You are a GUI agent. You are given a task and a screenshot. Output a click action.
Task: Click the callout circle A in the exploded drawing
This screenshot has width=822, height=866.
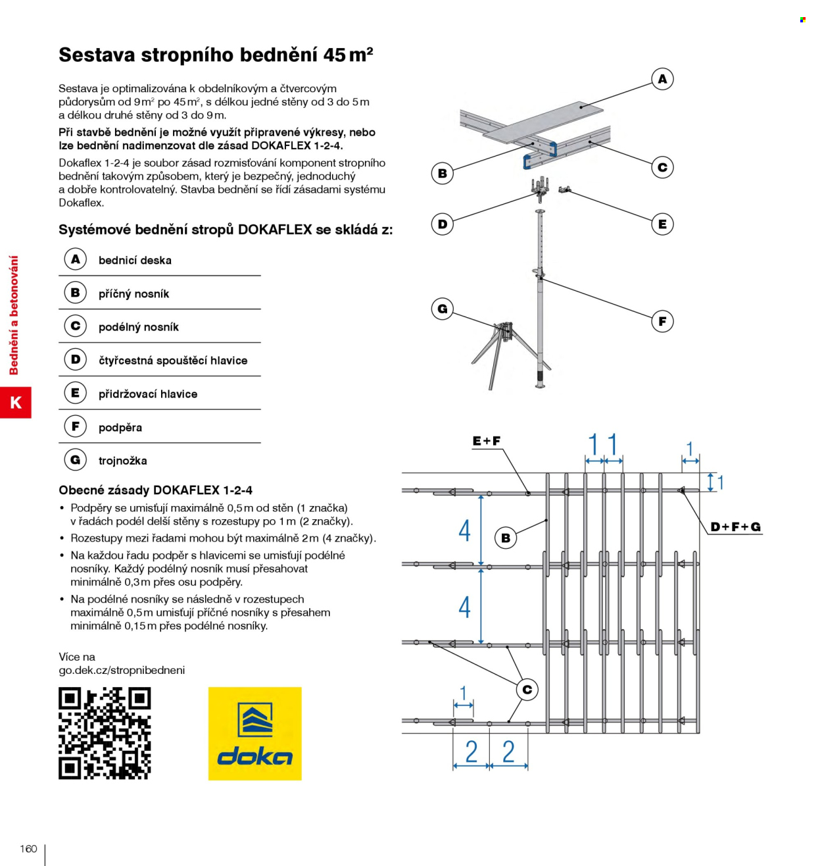click(662, 79)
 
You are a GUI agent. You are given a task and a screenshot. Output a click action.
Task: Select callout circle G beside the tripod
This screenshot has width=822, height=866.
click(442, 309)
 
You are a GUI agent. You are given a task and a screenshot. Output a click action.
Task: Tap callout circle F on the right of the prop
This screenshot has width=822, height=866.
click(662, 321)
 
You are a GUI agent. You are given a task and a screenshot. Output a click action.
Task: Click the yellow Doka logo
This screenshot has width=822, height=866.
click(255, 734)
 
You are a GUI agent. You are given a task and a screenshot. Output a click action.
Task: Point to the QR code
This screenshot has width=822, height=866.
click(105, 733)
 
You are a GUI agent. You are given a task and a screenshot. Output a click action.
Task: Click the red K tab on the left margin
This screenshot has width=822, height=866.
click(15, 402)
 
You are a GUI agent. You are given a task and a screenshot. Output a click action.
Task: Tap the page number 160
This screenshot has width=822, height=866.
click(28, 848)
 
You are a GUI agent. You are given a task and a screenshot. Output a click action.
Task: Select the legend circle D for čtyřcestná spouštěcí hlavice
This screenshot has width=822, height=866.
click(75, 359)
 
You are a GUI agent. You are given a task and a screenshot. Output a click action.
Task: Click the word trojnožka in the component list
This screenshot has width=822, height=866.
click(123, 461)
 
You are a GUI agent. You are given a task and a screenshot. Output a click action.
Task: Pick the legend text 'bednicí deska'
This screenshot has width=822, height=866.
click(135, 261)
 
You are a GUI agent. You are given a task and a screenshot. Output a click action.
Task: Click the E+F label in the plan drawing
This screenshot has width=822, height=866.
click(486, 441)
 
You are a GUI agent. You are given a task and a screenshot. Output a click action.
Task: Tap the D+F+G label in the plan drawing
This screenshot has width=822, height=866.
click(735, 527)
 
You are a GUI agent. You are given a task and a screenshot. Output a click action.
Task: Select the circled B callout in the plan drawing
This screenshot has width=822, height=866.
click(506, 538)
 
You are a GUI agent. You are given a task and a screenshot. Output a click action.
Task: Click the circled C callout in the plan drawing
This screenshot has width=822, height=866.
click(527, 690)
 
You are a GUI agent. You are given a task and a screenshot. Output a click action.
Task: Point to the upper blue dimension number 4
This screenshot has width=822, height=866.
click(464, 530)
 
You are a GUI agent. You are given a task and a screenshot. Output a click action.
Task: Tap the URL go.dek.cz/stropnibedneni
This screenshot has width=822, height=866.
click(122, 671)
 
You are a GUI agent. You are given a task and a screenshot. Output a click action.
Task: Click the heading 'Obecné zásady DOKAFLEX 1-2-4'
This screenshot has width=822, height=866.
click(155, 490)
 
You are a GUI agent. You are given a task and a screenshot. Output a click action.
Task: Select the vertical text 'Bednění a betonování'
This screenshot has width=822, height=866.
click(14, 315)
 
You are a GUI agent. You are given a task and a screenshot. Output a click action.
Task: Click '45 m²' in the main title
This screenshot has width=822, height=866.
click(349, 55)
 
